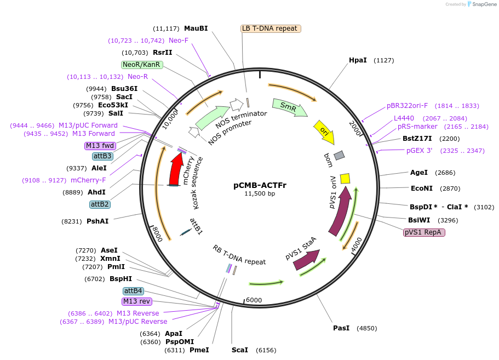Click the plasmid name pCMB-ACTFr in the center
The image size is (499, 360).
[260, 185]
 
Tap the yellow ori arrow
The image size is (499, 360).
[324, 132]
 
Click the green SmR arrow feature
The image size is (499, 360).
[290, 108]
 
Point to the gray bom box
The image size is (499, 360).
[339, 156]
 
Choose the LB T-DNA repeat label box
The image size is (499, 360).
[271, 28]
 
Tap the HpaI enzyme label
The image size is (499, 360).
[358, 60]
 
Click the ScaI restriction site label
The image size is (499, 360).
[240, 350]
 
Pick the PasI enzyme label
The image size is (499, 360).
[341, 328]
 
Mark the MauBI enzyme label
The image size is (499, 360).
[196, 28]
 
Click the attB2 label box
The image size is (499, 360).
[100, 204]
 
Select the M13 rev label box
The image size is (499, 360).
[136, 301]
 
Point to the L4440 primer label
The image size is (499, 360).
[404, 118]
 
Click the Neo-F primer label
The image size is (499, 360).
[179, 41]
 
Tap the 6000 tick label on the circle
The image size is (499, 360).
[254, 300]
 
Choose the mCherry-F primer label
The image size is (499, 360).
[88, 180]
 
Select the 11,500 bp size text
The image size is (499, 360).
[260, 193]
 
